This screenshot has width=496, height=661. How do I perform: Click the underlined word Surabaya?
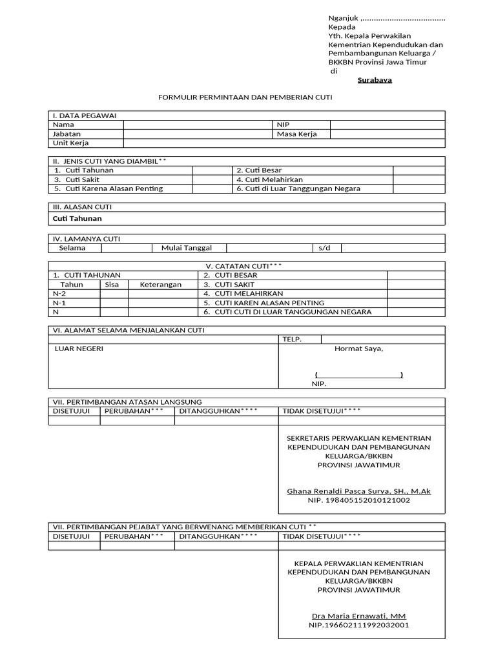tap(375, 81)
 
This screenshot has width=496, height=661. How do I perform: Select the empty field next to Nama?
tap(198, 125)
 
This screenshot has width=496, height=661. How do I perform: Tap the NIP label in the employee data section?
tap(284, 125)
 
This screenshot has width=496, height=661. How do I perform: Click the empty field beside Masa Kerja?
tap(387, 134)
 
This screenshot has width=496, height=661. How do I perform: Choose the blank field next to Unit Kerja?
tap(284, 143)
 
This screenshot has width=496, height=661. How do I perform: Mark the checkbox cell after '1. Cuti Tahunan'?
tap(212, 170)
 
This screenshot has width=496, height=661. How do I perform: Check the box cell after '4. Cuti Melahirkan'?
tap(418, 179)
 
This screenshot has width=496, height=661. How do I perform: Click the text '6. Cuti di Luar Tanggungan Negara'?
tap(298, 189)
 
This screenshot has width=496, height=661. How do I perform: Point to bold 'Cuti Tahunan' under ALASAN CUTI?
tap(77, 219)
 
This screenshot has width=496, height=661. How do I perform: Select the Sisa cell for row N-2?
tap(114, 294)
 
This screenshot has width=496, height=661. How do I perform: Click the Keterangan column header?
tap(161, 285)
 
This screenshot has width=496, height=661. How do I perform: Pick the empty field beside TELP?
tap(382, 340)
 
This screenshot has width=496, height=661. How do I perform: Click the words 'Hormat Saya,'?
tap(358, 349)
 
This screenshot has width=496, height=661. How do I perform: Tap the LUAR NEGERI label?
tap(79, 349)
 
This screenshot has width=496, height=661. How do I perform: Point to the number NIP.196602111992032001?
tap(358, 625)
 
